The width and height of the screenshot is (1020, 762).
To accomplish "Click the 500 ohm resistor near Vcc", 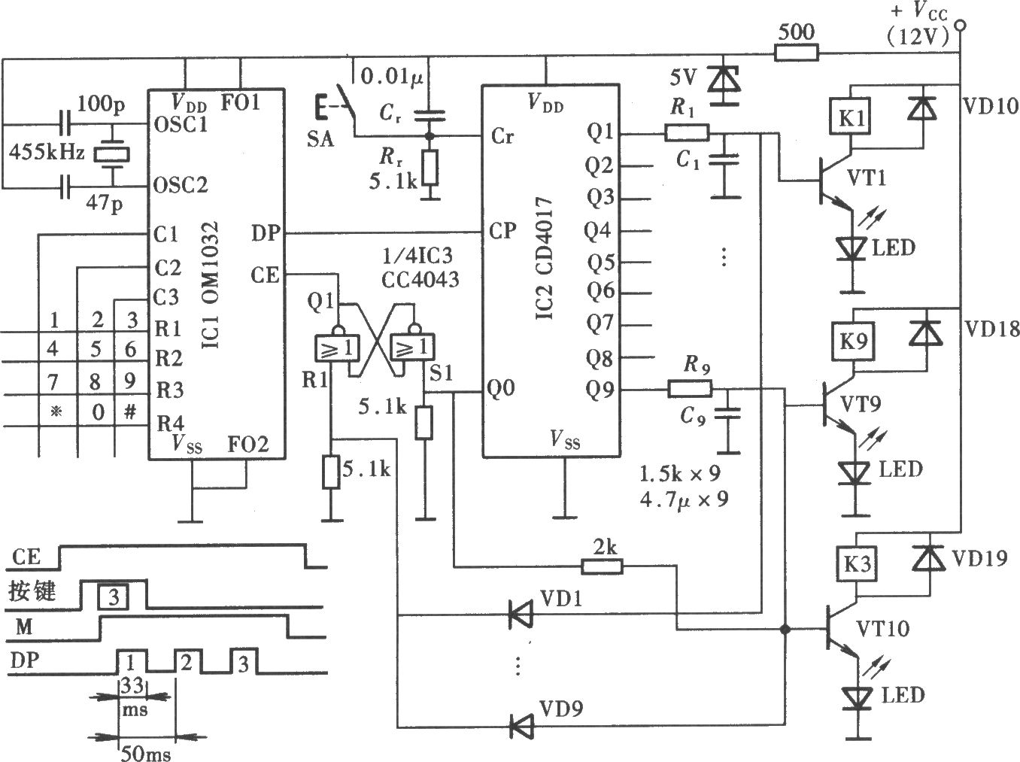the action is click(x=796, y=53).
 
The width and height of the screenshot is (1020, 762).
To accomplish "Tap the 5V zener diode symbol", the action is click(x=723, y=83).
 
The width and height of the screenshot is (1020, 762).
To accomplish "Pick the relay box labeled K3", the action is click(x=858, y=564).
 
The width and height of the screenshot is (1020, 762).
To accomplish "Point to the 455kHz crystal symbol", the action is click(x=111, y=155).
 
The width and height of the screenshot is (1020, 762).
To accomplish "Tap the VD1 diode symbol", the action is click(x=520, y=615).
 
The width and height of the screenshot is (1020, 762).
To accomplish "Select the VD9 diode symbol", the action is click(x=521, y=726).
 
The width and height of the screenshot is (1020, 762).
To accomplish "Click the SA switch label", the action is click(x=320, y=139).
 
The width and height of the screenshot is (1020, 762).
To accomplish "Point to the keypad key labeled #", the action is click(x=131, y=411).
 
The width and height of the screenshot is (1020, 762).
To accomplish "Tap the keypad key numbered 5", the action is click(x=96, y=348).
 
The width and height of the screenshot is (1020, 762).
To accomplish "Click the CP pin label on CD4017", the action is click(x=502, y=230).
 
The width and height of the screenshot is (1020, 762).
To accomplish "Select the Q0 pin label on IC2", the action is click(x=500, y=387).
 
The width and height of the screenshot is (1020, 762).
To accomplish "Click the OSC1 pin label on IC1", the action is click(x=181, y=125).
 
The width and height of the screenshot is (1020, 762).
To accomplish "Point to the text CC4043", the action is click(x=420, y=280).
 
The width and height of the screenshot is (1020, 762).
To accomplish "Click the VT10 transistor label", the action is click(x=883, y=629).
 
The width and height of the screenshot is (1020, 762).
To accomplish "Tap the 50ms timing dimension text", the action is click(x=146, y=753).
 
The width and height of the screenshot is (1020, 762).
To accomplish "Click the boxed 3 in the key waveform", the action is click(x=114, y=597).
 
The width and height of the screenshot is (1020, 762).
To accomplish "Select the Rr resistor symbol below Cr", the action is click(x=430, y=168).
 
